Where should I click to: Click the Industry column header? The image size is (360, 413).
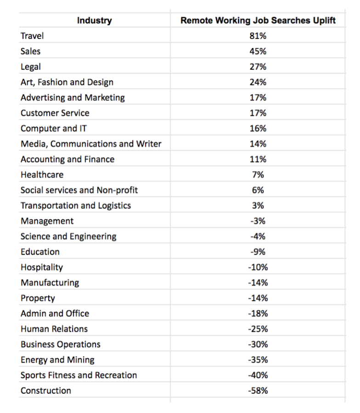[94, 20]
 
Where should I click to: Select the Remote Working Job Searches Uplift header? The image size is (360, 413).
[258, 20]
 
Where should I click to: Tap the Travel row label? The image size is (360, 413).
[32, 36]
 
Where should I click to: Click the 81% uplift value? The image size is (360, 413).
[258, 36]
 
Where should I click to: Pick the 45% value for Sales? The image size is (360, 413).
[258, 51]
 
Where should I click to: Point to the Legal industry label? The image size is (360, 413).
[31, 67]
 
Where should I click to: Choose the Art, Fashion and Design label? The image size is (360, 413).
[67, 83]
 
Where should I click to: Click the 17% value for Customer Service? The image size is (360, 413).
[258, 113]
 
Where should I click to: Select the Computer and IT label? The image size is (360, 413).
[54, 128]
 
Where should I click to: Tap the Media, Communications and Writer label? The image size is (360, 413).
[91, 144]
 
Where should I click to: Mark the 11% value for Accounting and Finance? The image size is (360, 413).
[258, 159]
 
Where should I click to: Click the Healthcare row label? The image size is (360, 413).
[42, 175]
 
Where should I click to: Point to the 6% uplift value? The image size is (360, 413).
[258, 190]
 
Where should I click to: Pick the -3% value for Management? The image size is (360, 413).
[258, 221]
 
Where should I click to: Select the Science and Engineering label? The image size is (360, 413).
[68, 236]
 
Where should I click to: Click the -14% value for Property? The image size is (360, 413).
[258, 298]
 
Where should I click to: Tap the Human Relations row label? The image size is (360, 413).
[54, 329]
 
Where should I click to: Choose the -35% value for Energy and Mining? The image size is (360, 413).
[258, 360]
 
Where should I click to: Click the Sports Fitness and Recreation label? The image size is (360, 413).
[79, 375]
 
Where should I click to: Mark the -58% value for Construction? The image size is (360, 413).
[258, 391]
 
